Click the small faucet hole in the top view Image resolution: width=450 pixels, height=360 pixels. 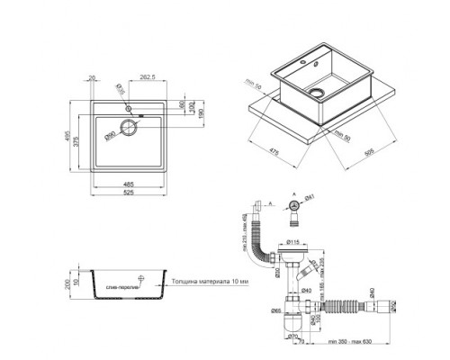(129, 107)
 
